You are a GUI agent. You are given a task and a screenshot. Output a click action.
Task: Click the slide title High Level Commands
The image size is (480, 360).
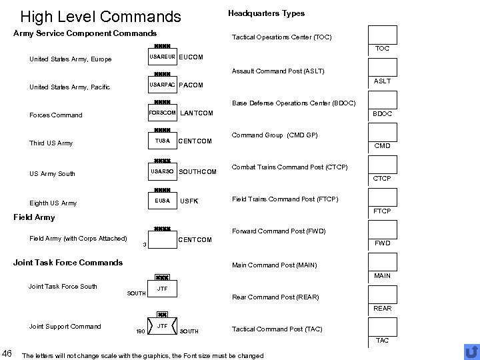point(101,16)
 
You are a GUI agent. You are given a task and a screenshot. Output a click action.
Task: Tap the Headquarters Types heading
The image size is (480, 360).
point(266,13)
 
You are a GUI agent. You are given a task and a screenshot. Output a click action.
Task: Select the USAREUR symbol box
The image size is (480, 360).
point(162,57)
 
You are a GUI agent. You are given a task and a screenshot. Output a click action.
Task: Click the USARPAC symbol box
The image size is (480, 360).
point(162,85)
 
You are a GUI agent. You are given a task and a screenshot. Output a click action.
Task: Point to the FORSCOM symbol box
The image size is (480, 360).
point(162,113)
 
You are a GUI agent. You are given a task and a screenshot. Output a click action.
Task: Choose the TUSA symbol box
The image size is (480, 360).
point(162,141)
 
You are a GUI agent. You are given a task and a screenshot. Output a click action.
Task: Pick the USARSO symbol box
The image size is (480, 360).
point(162,172)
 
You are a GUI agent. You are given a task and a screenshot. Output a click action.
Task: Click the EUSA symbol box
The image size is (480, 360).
point(162,201)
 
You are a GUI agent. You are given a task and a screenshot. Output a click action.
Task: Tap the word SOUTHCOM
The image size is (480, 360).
point(199,173)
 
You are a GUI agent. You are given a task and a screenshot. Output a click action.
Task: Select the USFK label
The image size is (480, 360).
point(189,201)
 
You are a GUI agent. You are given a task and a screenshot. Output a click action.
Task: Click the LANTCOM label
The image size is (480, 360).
point(197,113)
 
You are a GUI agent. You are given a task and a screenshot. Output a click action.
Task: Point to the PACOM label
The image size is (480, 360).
point(191,85)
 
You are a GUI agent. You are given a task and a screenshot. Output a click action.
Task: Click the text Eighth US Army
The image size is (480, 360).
point(53,203)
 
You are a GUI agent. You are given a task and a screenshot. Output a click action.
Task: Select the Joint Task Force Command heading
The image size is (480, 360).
point(68,262)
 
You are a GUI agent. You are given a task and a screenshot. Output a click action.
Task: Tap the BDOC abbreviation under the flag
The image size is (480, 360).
point(383,114)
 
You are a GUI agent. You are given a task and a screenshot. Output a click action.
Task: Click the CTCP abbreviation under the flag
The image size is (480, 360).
point(382,179)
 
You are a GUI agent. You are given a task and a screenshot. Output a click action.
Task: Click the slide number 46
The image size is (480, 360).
point(7,353)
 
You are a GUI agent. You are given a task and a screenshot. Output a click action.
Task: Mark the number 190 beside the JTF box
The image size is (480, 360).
point(140,331)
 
